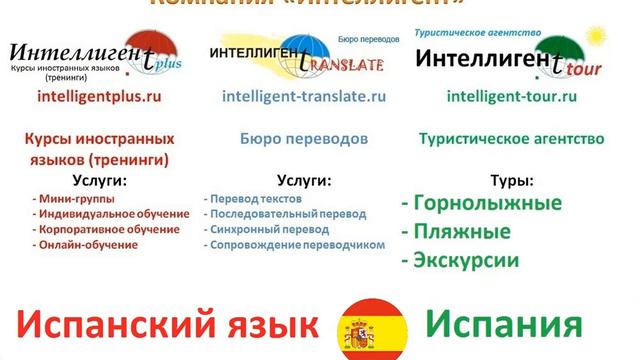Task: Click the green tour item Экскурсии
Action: click(461, 260)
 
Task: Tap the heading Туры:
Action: click(512, 181)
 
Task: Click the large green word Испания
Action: click(503, 325)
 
